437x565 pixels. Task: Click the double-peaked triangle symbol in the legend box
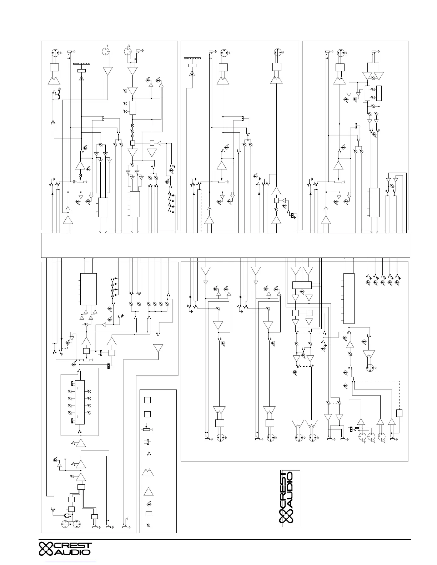point(148,473)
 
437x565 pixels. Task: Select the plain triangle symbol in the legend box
point(148,492)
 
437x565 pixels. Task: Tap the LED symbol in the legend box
point(149,504)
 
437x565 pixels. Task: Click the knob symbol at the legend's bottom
point(149,525)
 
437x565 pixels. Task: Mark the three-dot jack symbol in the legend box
point(146,442)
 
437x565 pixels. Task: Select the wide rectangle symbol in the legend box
point(149,514)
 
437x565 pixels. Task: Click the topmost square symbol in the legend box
point(147,400)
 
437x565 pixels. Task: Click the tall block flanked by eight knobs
point(80,402)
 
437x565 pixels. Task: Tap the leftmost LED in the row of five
point(368,282)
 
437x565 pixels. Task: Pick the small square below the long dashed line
point(400,413)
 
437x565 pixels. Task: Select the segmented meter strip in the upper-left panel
point(82,63)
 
